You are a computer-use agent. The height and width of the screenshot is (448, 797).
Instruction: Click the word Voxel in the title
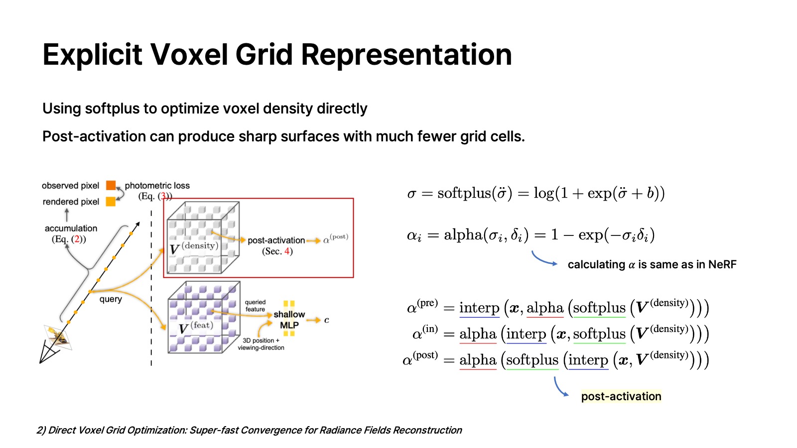[189, 54]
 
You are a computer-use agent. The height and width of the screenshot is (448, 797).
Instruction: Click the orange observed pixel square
[111, 186]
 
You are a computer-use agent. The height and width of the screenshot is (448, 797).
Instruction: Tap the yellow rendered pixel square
[111, 202]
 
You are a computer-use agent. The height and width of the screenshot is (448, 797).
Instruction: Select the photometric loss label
[157, 186]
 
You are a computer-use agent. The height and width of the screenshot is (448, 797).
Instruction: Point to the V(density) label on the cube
[194, 247]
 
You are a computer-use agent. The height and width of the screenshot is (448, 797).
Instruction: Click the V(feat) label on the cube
[196, 327]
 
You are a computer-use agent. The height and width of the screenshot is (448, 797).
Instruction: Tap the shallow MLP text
[289, 320]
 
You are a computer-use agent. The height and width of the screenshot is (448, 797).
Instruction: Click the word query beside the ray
[111, 299]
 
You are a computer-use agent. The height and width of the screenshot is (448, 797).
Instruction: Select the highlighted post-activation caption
[621, 396]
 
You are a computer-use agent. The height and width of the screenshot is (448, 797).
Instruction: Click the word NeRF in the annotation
[722, 264]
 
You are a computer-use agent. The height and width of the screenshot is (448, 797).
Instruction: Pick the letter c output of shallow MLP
[327, 320]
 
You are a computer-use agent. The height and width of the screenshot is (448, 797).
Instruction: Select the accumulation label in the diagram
[71, 228]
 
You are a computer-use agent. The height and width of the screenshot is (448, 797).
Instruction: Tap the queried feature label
[255, 306]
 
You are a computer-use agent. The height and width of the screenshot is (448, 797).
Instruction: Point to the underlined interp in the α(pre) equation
[479, 308]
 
